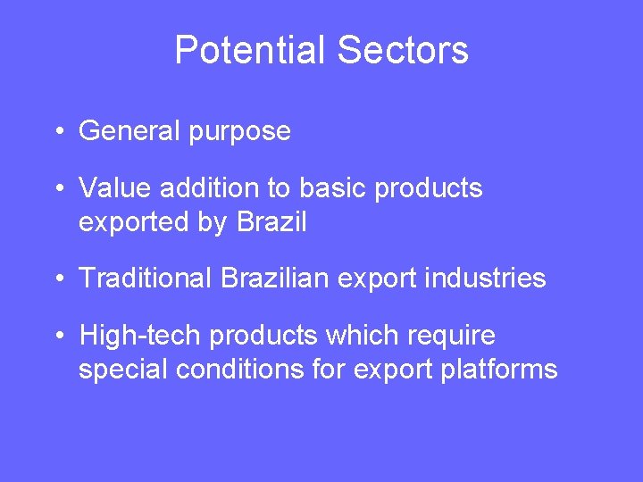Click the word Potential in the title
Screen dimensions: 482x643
[250, 51]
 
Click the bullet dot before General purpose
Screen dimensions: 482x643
[56, 132]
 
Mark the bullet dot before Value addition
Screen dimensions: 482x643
[56, 189]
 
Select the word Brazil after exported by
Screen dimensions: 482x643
[271, 221]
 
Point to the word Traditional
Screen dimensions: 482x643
[143, 278]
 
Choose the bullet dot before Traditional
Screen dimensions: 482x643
[56, 279]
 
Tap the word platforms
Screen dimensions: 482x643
[499, 370]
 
